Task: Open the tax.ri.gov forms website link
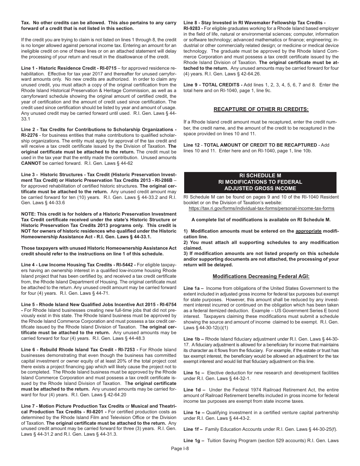pos(261,208)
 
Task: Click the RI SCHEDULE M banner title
pos(260,175)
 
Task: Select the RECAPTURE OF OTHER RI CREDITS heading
pos(261,109)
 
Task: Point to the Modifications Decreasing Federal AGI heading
pos(261,277)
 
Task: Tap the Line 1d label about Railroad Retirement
pos(194,389)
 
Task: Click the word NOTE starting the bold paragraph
pos(29,214)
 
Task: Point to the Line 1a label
pos(194,288)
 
